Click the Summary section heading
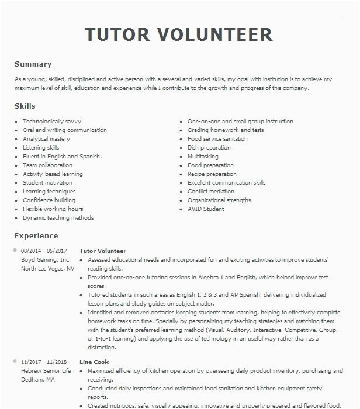[33, 64]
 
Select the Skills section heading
[25, 106]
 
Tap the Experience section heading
[36, 236]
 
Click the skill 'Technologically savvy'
[52, 122]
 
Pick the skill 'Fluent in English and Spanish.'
[62, 157]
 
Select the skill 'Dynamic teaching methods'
[58, 218]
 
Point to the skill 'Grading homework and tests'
[225, 130]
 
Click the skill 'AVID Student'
[206, 209]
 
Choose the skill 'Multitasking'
[203, 157]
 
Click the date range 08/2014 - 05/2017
[44, 251]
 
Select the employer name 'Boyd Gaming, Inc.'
[46, 260]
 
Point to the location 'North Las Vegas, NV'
[48, 269]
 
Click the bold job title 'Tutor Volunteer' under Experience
[103, 251]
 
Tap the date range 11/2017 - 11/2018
[44, 362]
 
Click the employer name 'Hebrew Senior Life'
[46, 371]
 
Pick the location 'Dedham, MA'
[38, 380]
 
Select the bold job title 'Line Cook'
[94, 362]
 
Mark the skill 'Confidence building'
[49, 200]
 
